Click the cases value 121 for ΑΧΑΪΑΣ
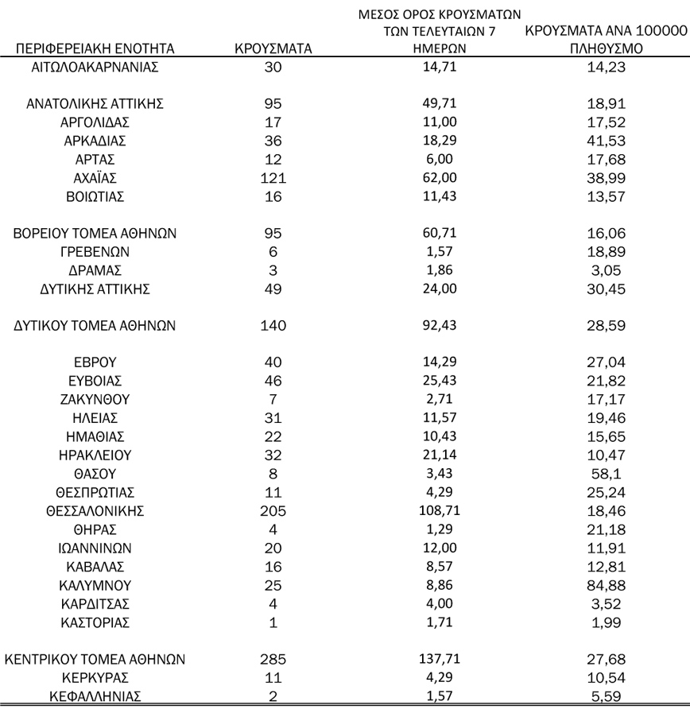(273, 177)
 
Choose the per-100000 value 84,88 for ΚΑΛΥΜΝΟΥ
(604, 585)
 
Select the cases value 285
(273, 659)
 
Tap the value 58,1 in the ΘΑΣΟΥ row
(604, 474)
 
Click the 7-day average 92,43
(440, 325)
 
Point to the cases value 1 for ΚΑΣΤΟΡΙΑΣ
(273, 622)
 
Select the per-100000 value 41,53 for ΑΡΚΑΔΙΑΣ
(604, 141)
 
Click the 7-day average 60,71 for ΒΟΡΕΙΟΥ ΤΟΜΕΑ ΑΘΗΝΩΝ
(440, 233)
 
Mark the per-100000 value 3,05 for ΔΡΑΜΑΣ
(604, 270)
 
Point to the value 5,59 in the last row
(604, 696)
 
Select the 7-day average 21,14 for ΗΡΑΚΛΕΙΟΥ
(440, 455)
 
